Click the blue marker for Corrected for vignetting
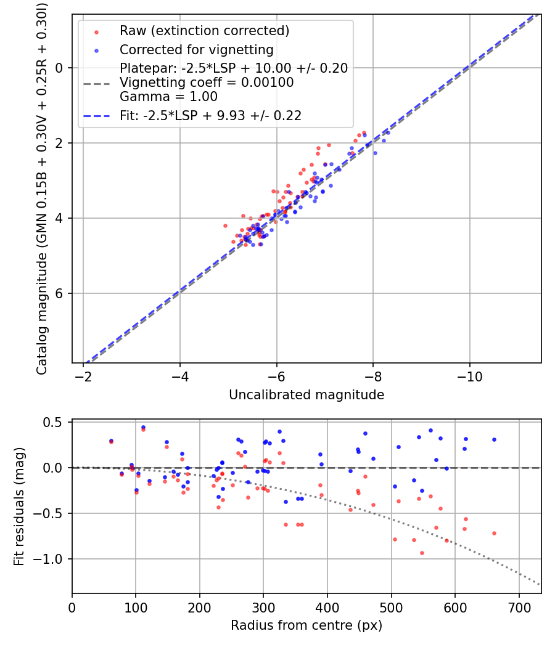pyautogui.click(x=96, y=50)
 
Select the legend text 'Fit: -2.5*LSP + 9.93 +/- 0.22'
pyautogui.click(x=210, y=115)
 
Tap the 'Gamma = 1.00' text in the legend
pyautogui.click(x=168, y=97)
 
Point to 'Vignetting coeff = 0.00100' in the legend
pyautogui.click(x=207, y=83)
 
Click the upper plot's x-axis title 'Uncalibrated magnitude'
pyautogui.click(x=306, y=395)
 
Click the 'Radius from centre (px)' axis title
pyautogui.click(x=306, y=625)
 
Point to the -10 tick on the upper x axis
pyautogui.click(x=470, y=375)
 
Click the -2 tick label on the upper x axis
pyautogui.click(x=83, y=375)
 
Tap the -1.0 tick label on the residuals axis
pyautogui.click(x=51, y=559)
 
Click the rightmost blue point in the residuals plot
pyautogui.click(x=494, y=439)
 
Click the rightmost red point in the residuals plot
pyautogui.click(x=494, y=533)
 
